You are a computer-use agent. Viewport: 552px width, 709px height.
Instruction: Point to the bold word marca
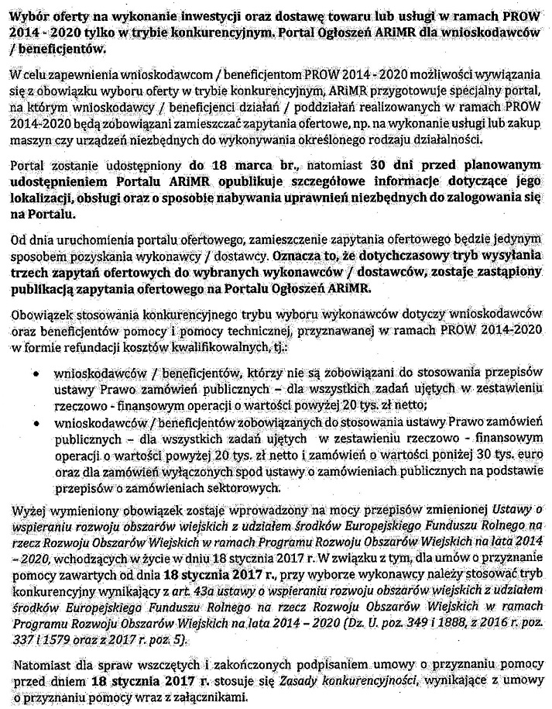click(x=253, y=166)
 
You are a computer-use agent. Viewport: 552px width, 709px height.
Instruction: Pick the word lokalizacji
click(x=40, y=196)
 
